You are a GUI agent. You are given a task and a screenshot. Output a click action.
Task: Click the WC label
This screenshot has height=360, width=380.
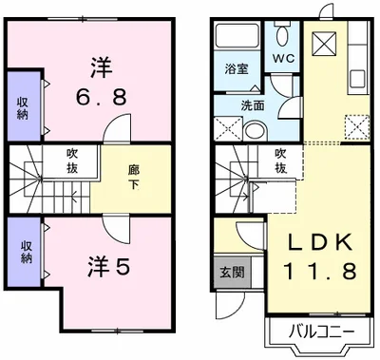click(x=284, y=57)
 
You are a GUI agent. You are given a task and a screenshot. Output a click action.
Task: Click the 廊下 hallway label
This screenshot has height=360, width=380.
click(x=133, y=177)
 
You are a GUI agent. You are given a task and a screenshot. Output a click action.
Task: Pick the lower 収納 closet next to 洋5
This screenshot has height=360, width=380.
click(x=24, y=250)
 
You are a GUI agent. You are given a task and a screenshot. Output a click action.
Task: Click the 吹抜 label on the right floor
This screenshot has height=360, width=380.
click(x=280, y=160)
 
